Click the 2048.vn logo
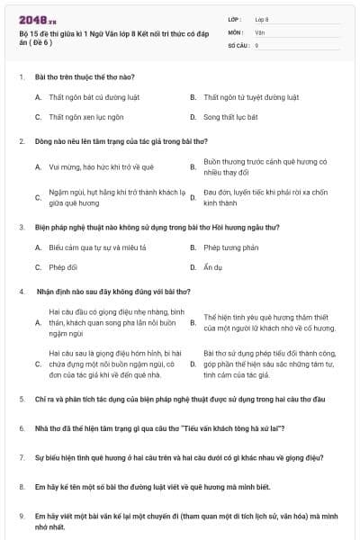(32, 20)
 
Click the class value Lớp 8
(262, 18)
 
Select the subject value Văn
(259, 31)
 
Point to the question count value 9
(256, 44)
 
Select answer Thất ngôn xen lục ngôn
(86, 117)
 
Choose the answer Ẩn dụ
(212, 267)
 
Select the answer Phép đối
(63, 267)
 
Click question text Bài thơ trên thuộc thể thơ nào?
(84, 76)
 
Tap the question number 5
(21, 398)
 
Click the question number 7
(21, 457)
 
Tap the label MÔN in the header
(235, 31)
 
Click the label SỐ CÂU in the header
(238, 44)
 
